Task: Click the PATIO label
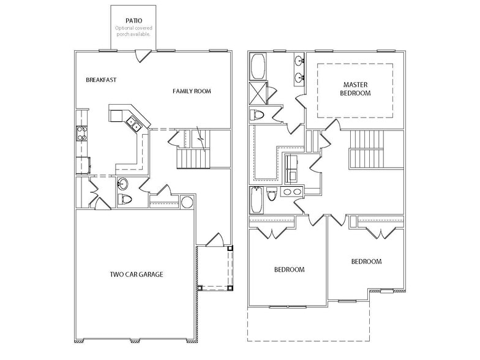[x=133, y=20]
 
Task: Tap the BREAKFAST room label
[x=101, y=80]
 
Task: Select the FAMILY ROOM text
[x=192, y=91]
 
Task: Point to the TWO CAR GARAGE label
[x=136, y=274]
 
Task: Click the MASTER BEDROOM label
[x=356, y=89]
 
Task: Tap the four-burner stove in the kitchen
[x=81, y=133]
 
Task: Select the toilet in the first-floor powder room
[x=125, y=199]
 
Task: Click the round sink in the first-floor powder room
[x=122, y=184]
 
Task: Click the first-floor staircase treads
[x=193, y=159]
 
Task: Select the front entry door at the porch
[x=215, y=240]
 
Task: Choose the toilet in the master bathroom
[x=257, y=114]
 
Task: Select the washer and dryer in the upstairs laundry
[x=292, y=168]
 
